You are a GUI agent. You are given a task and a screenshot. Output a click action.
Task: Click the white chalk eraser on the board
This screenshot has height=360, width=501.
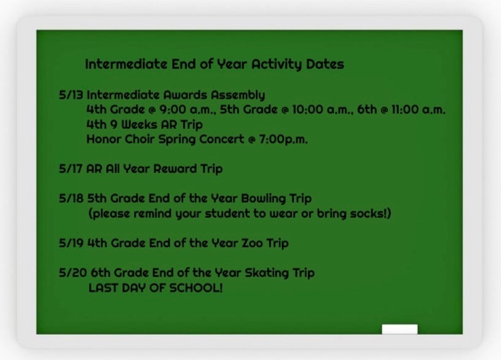[x=399, y=329]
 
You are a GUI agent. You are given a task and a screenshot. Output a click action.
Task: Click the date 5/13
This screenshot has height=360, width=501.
[x=71, y=95]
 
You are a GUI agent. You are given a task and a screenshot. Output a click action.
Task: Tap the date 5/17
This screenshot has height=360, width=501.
[x=71, y=169]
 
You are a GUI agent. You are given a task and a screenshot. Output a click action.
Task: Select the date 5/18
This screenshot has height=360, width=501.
[x=71, y=198]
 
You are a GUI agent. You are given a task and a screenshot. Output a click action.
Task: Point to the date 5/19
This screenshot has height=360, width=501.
[x=71, y=243]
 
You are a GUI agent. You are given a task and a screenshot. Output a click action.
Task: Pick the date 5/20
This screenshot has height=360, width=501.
[x=73, y=273]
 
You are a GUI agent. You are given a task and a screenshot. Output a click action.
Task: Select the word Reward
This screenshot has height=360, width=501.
[x=175, y=169]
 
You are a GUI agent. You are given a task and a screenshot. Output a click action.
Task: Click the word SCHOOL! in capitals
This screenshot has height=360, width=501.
[x=196, y=288]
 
